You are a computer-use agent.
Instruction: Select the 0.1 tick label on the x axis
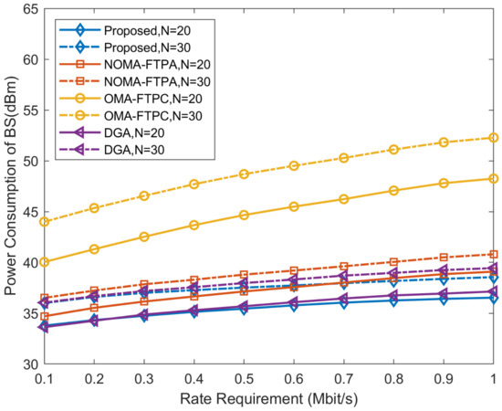44,378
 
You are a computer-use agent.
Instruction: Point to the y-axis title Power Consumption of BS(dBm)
10,186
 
